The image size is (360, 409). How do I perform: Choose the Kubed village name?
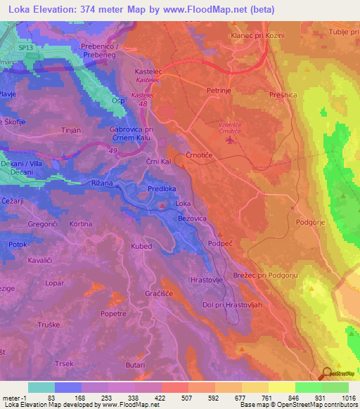tap(141, 247)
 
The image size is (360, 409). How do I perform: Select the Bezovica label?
tap(193, 219)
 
